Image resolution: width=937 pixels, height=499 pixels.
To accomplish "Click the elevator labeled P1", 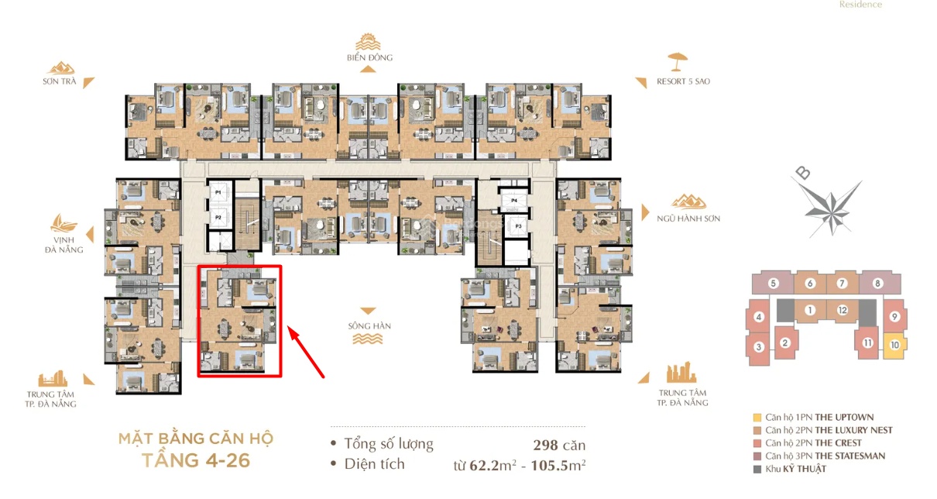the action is pyautogui.click(x=218, y=192).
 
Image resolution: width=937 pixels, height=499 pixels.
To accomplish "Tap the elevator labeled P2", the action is pyautogui.click(x=218, y=217).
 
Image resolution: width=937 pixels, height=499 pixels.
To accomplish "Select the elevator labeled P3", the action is pyautogui.click(x=518, y=226).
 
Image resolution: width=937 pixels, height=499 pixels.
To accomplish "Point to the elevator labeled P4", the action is pyautogui.click(x=514, y=201).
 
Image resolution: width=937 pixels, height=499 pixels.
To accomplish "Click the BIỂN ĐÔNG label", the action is pyautogui.click(x=370, y=58).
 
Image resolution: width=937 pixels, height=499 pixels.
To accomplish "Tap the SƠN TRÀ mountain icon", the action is pyautogui.click(x=61, y=68).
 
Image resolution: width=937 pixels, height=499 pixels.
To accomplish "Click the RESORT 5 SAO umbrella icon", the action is pyautogui.click(x=678, y=61).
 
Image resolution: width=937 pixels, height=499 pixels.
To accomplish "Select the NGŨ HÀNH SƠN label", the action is pyautogui.click(x=688, y=219).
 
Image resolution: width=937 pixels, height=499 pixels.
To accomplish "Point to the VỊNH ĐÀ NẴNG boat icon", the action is pyautogui.click(x=63, y=223).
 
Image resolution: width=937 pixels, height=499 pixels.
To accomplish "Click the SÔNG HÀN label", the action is pyautogui.click(x=369, y=326).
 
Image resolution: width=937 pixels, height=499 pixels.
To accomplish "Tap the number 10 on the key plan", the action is pyautogui.click(x=894, y=345).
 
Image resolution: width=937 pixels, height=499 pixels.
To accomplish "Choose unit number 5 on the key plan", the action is pyautogui.click(x=774, y=284).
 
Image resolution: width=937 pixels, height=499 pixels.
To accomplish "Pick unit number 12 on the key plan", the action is pyautogui.click(x=843, y=310).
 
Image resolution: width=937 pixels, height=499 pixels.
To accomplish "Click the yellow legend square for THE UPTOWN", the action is pyautogui.click(x=757, y=418).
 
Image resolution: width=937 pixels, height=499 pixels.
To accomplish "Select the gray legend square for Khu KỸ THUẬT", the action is pyautogui.click(x=757, y=470).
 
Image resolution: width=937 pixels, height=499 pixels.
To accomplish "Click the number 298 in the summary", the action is pyautogui.click(x=545, y=445).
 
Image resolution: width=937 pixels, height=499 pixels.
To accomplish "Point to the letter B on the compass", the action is pyautogui.click(x=803, y=173).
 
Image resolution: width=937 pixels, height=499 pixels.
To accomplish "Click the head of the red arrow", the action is pyautogui.click(x=290, y=328).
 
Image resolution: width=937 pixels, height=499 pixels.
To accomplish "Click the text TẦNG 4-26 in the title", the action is pyautogui.click(x=196, y=460).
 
